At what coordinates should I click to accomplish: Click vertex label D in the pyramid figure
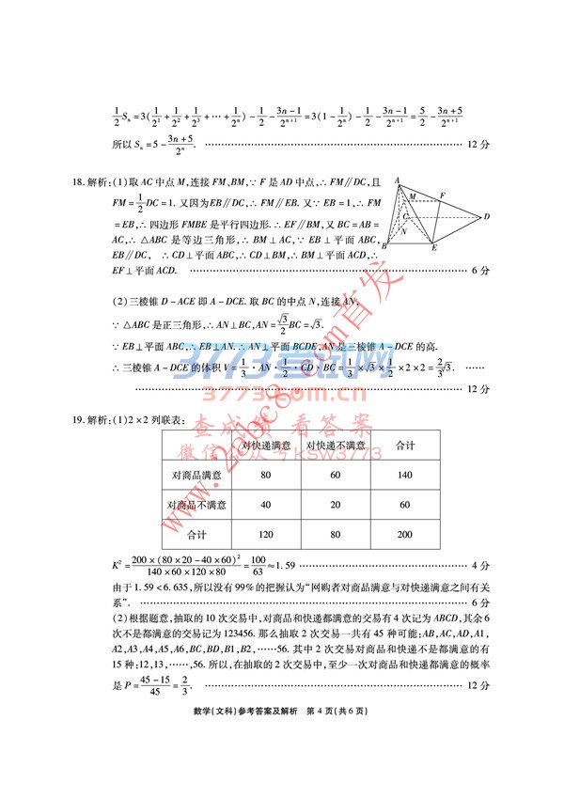(487, 217)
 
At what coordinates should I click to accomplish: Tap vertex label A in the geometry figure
(398, 180)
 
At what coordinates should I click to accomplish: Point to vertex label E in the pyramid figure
(434, 248)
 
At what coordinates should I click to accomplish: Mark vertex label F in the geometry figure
(442, 194)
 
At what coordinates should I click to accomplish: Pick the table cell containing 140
(405, 476)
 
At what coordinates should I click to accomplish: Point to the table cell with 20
(337, 505)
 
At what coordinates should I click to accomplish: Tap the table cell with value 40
(265, 505)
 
